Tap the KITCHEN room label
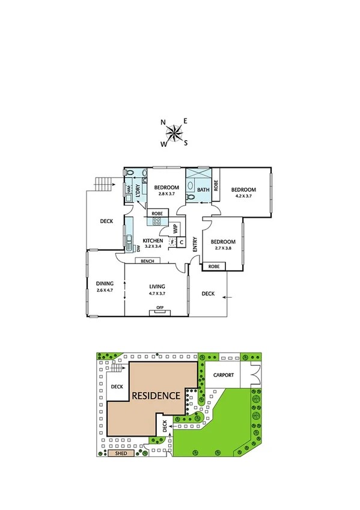(153, 241)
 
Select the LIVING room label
(157, 286)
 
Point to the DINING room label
(105, 283)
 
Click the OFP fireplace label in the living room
(160, 308)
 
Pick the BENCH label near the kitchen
(147, 261)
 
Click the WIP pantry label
(175, 229)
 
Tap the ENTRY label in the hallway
(195, 244)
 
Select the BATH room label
(203, 189)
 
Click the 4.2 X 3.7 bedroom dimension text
(244, 195)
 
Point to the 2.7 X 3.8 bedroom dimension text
(225, 248)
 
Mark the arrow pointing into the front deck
(225, 296)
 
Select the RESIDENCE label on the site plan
(156, 396)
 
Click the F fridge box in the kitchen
(172, 242)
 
